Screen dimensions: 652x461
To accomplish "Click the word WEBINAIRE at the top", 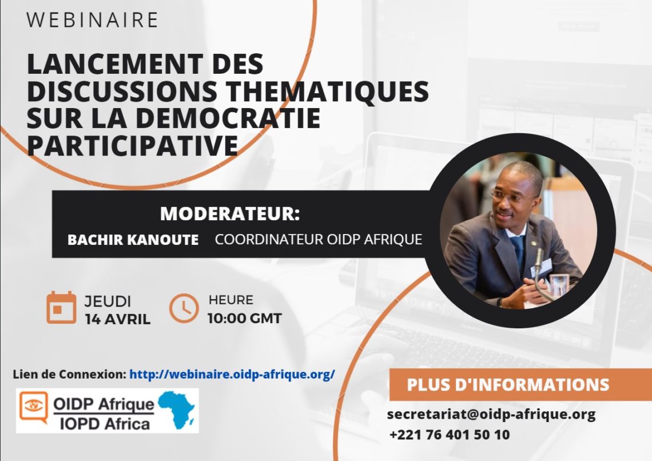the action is click(x=92, y=20).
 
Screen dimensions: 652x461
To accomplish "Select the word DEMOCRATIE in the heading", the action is click(x=228, y=118).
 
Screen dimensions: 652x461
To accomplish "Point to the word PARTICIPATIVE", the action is click(x=132, y=145).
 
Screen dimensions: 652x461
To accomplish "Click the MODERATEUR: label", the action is click(x=230, y=214).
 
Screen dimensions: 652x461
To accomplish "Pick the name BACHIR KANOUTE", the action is click(x=133, y=240).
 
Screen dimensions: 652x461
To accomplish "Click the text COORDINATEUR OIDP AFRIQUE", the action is click(x=319, y=240).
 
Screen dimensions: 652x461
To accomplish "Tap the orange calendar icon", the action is click(x=61, y=308).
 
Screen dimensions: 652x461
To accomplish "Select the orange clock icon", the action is click(x=184, y=308).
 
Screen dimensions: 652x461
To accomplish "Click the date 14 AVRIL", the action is click(x=118, y=319).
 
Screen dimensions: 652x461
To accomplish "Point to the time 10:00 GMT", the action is click(x=245, y=319).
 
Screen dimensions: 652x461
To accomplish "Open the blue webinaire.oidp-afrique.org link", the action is click(x=232, y=374).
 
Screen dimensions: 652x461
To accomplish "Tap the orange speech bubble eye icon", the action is click(x=34, y=407).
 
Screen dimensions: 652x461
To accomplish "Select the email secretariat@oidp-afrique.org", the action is click(x=491, y=415).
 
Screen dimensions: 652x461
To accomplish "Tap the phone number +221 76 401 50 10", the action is click(x=450, y=435).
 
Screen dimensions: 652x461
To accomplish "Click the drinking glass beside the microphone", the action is click(x=559, y=285).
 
